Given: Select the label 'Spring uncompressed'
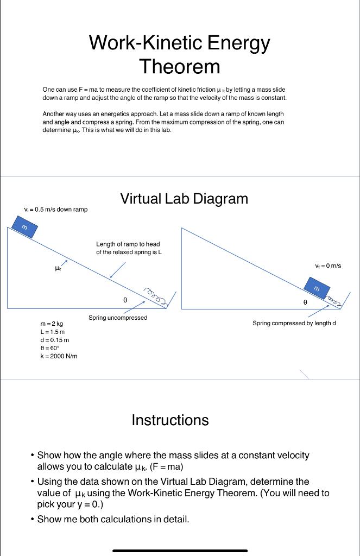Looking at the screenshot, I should coord(118,318).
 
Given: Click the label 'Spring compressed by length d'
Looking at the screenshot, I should coord(294,323).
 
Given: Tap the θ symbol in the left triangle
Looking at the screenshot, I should coord(125,299).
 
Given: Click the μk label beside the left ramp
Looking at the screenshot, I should coord(59,267).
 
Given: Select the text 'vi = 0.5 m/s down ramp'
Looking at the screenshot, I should coord(56,210).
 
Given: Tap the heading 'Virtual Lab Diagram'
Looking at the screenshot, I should coord(184,199).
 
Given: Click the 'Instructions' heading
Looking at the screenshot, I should coord(170,420).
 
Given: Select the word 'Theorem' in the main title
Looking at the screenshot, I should coord(180,66).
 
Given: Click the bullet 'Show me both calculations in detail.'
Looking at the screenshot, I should coord(113,519).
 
